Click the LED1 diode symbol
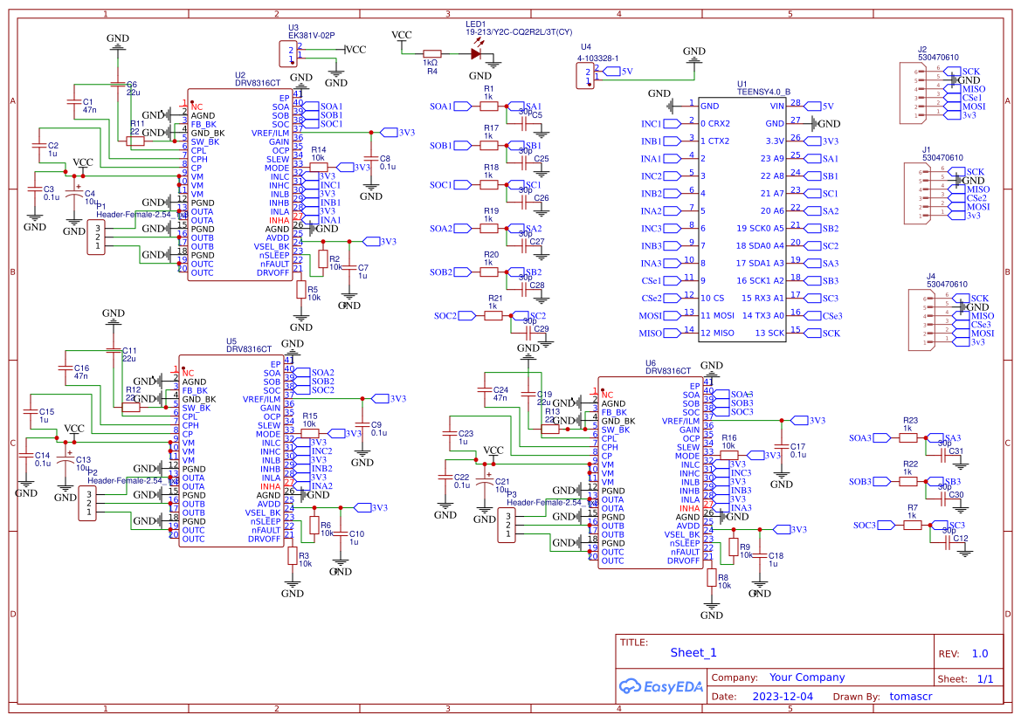coord(475,53)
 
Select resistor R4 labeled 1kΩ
coord(431,53)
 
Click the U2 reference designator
coord(240,75)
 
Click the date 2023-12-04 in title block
coord(782,697)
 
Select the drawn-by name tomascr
coord(911,697)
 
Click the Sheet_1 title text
coord(693,652)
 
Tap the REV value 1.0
coord(979,653)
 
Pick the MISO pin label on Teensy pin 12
coord(720,333)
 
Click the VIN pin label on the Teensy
coord(776,106)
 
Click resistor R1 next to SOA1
coord(488,106)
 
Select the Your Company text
coord(806,677)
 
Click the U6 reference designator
coord(651,362)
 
